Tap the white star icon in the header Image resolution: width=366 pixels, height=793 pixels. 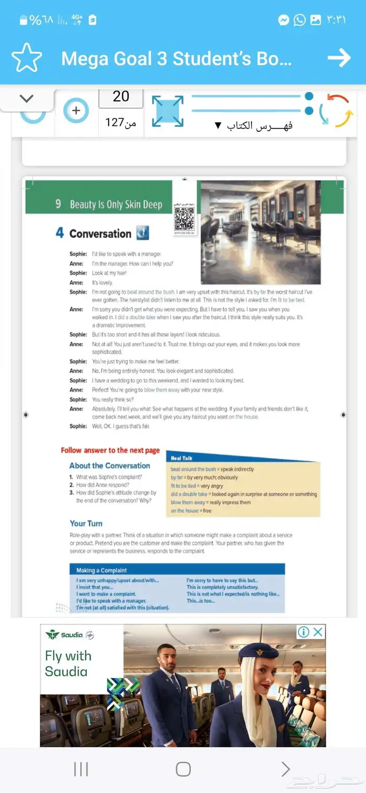coord(26,58)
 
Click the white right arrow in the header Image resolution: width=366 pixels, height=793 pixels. coord(339,58)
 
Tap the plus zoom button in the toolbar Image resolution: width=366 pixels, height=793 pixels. coord(76,111)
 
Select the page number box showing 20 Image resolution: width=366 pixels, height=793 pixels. coord(121,97)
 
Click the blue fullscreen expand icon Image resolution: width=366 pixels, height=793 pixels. coord(168,111)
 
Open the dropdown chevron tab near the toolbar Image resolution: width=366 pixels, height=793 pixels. coord(27,99)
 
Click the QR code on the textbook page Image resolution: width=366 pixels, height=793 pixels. coord(184,218)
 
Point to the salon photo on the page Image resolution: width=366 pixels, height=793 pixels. coord(260,232)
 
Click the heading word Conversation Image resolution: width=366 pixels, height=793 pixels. coord(100,234)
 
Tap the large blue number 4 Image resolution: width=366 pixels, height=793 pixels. coord(60,233)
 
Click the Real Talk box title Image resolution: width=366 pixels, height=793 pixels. coord(182,458)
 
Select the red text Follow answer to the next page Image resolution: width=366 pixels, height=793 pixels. coord(110,450)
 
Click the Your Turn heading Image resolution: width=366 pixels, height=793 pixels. coord(86,523)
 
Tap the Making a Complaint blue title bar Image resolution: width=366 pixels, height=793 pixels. coord(177,570)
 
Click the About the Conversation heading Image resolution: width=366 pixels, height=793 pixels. coord(110,466)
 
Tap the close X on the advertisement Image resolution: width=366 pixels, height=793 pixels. coord(318,632)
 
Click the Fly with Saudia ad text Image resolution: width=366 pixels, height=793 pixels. coord(68,663)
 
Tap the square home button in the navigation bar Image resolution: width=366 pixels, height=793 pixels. coord(183,769)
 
